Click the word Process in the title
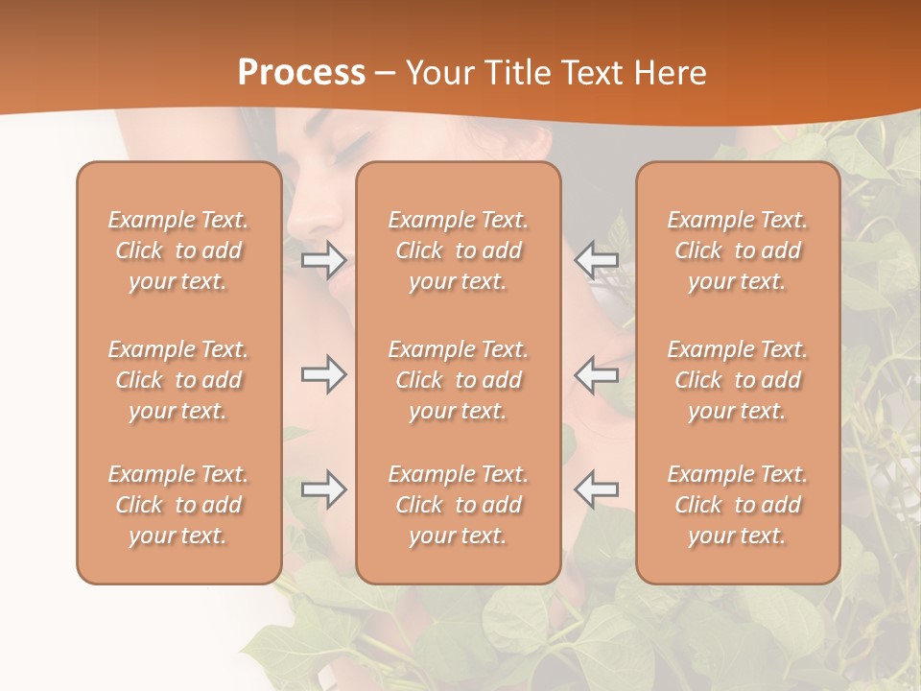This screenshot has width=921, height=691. coord(301,73)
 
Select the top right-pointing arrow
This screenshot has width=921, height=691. coord(323,259)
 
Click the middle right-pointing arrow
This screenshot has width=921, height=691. coord(323,374)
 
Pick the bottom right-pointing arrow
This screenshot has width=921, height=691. coord(323,489)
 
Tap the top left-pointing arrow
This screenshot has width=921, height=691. coord(597,259)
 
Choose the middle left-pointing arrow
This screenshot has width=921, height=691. coord(597,374)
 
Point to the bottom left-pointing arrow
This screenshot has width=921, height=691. coord(597,489)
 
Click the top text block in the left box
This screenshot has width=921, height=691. coord(178,250)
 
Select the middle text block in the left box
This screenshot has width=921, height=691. coord(178,380)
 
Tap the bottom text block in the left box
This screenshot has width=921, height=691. coord(178,505)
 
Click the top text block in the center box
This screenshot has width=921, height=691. coord(459,250)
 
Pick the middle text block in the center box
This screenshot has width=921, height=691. coord(459,380)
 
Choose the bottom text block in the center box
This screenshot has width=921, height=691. coord(459,505)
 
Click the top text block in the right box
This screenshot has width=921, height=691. coord(738,250)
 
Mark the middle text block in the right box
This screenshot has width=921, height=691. coord(738,380)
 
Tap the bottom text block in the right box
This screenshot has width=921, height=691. coord(738,505)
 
